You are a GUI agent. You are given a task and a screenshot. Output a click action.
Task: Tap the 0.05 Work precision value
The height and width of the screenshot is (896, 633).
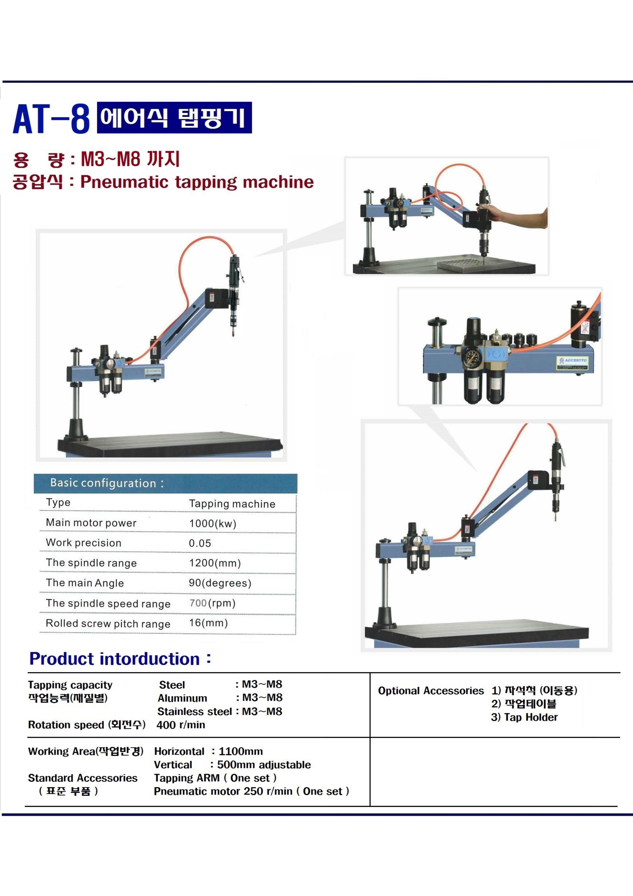[x=200, y=543]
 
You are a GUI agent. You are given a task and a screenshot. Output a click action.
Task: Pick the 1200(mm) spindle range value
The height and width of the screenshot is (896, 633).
[x=215, y=563]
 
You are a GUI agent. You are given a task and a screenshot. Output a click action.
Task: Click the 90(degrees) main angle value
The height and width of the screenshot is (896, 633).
[x=220, y=583]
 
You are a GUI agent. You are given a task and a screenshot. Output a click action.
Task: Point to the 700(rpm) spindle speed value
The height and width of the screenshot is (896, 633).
[x=212, y=603]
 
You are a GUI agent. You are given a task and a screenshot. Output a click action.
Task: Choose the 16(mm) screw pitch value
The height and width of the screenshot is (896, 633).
[x=208, y=623]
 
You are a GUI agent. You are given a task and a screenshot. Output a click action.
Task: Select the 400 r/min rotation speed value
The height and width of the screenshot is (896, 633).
[x=181, y=725]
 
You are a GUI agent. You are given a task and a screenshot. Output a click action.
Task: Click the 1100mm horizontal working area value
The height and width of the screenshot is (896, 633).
[x=241, y=751]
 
